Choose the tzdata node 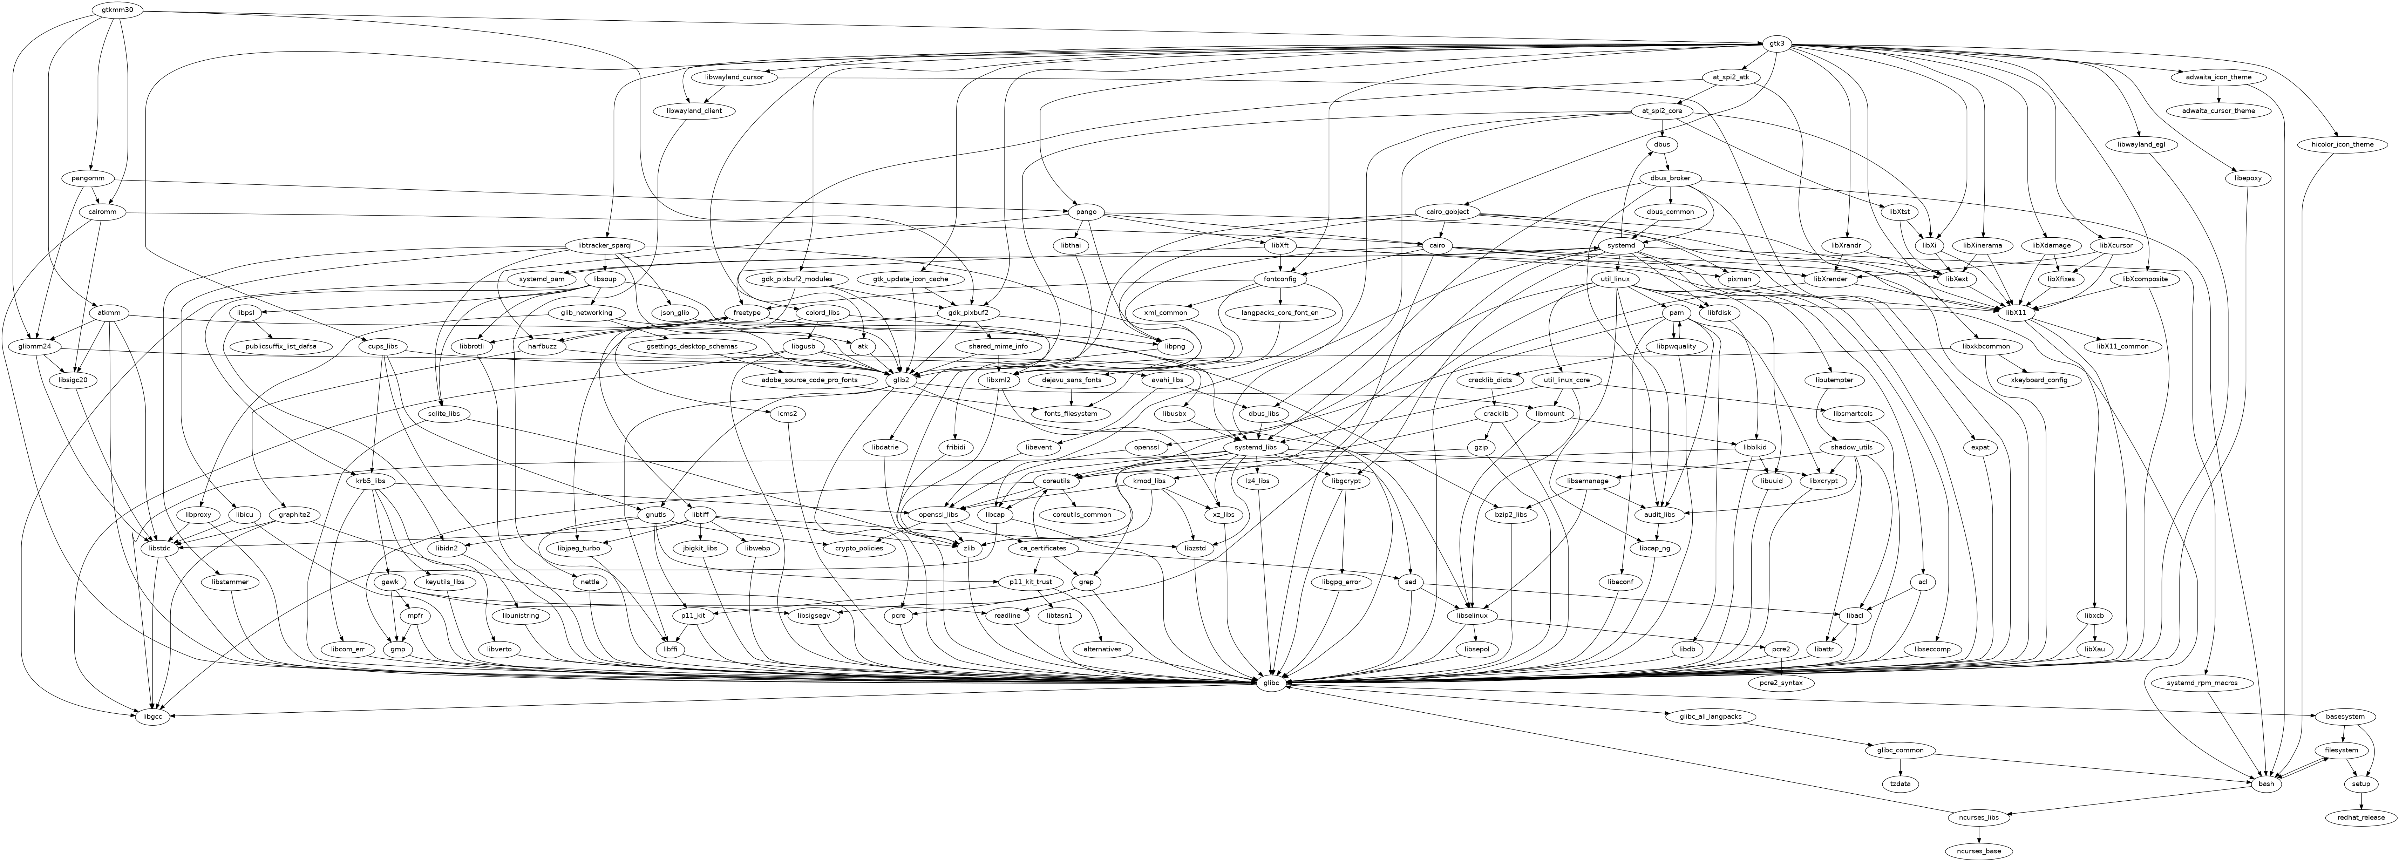click(1901, 784)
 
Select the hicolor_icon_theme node click(2334, 144)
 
